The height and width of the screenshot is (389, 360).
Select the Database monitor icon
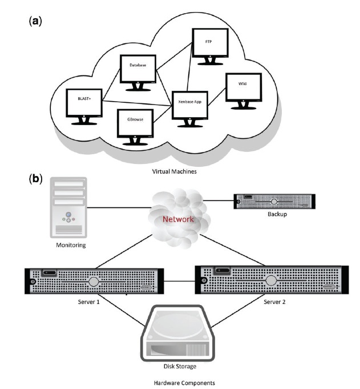tap(139, 69)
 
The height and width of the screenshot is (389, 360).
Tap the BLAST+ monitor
tap(83, 103)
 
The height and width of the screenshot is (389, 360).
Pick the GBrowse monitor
tap(134, 125)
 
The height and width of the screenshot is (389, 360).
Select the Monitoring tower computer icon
tap(68, 207)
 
